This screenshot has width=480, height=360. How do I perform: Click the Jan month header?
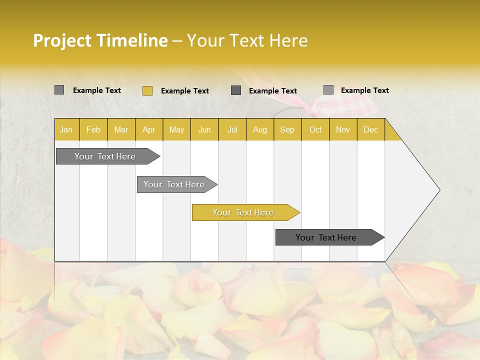tap(66, 129)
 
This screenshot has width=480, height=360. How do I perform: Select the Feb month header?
tap(93, 129)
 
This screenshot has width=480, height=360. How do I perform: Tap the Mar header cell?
tap(121, 129)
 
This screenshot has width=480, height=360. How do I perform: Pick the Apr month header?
tap(149, 129)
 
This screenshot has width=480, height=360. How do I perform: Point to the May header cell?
tap(176, 129)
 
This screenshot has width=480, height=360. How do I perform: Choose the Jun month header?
tap(204, 129)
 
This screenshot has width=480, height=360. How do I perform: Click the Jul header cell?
tap(232, 129)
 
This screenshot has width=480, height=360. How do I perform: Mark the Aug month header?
tap(260, 129)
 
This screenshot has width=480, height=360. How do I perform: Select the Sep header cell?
tap(287, 129)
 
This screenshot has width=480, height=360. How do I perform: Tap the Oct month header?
tap(315, 129)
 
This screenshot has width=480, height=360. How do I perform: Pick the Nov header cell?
tap(343, 129)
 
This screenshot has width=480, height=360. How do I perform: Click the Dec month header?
tap(371, 129)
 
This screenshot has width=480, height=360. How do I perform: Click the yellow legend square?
tap(147, 90)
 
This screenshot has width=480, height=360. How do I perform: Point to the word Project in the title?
tap(62, 40)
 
